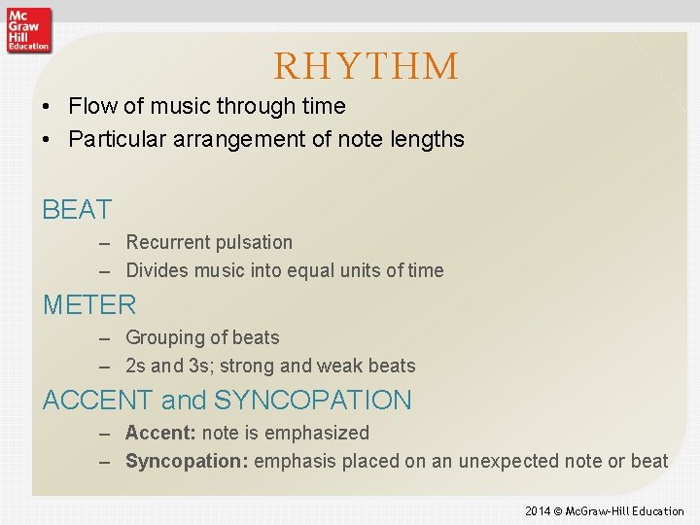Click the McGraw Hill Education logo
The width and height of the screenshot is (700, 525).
(x=27, y=29)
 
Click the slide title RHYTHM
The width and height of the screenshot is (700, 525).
(x=366, y=66)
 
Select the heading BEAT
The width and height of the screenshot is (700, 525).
(x=77, y=209)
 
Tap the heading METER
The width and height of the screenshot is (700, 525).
(x=89, y=304)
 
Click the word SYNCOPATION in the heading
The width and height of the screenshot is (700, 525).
(x=312, y=400)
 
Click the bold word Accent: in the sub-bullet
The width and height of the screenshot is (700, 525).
(x=160, y=433)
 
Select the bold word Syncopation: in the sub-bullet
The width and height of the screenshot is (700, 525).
(x=187, y=461)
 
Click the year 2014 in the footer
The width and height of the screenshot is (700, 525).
(x=538, y=511)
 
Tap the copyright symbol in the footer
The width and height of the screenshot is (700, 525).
(x=559, y=511)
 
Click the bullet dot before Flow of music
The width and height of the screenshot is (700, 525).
(x=48, y=106)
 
